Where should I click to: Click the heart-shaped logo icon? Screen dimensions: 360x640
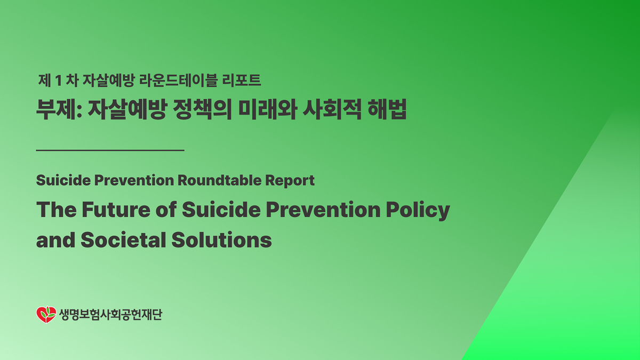tap(46, 315)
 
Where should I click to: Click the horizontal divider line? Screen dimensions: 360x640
tap(110, 150)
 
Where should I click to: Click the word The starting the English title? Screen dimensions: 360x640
tap(54, 210)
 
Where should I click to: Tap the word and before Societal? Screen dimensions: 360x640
tap(55, 239)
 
